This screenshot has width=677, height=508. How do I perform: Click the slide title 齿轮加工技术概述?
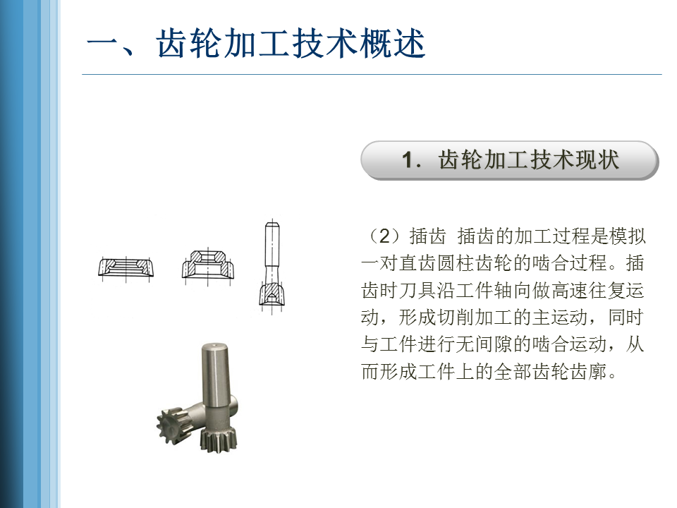pyautogui.click(x=291, y=44)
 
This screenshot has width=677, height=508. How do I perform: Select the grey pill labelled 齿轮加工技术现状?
pyautogui.click(x=509, y=160)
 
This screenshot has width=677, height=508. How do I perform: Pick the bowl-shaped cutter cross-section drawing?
pyautogui.click(x=207, y=264)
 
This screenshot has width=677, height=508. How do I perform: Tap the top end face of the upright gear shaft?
pyautogui.click(x=215, y=346)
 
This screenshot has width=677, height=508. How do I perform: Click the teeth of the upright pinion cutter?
pyautogui.click(x=218, y=437)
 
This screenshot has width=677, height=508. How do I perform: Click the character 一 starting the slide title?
pyautogui.click(x=103, y=44)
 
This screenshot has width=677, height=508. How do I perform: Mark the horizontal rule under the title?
pyautogui.click(x=372, y=74)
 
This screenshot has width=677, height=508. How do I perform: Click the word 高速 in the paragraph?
pyautogui.click(x=570, y=290)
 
